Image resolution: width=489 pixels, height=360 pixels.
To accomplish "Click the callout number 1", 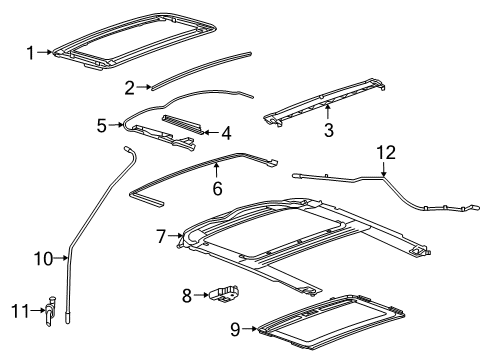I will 30,51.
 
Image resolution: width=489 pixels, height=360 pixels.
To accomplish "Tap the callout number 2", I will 130,88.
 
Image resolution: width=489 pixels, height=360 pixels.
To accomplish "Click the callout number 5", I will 101,126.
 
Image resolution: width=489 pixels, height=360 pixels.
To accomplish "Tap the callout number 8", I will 185,295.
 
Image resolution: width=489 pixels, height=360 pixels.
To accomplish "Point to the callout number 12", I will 385,152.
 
